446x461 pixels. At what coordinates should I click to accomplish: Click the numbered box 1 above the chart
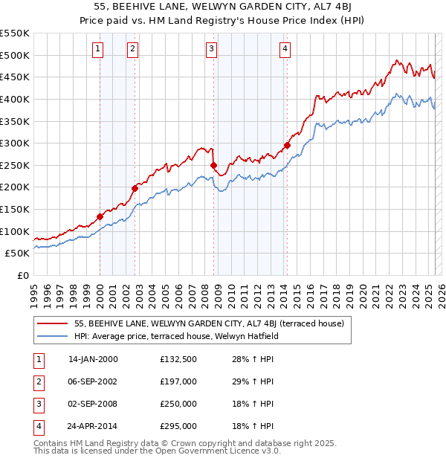98,49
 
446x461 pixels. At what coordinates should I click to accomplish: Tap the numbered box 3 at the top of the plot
212,49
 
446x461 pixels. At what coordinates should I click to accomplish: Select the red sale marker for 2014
287,145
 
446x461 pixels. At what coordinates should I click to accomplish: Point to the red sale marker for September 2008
213,165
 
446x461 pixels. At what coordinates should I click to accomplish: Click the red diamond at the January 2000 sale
100,216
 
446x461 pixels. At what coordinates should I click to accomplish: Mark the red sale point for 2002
135,188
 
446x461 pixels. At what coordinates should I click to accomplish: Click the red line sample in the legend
53,323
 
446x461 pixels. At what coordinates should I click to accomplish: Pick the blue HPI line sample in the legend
53,336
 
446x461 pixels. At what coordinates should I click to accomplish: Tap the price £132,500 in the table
178,359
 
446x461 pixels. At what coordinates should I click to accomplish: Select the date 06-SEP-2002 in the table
93,381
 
